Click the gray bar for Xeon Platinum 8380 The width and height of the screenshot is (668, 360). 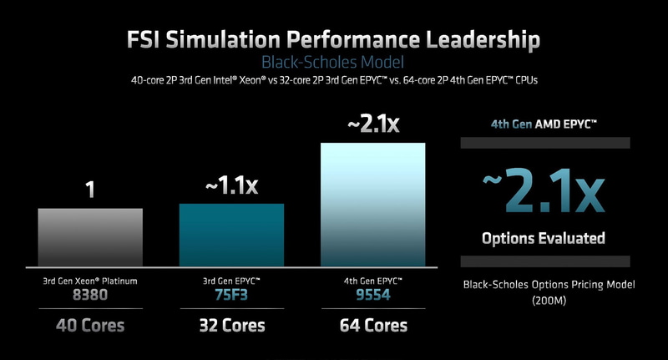pos(90,236)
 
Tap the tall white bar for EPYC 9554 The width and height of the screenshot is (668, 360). pos(373,203)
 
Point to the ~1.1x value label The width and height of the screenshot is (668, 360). pos(231,186)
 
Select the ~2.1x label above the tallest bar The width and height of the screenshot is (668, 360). pos(373,125)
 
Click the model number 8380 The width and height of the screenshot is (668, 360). pos(90,295)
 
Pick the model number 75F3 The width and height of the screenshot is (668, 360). pos(231,295)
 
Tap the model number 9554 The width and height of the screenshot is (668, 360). pos(373,295)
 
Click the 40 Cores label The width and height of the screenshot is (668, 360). pos(90,325)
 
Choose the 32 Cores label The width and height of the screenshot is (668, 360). pos(231,325)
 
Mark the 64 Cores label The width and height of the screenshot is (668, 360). pos(373,325)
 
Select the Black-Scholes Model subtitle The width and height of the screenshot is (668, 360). pos(333,62)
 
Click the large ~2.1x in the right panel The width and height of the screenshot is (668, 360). pos(543,193)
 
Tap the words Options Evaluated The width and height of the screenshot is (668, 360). pos(543,239)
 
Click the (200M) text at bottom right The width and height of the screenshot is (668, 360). pos(549,300)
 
